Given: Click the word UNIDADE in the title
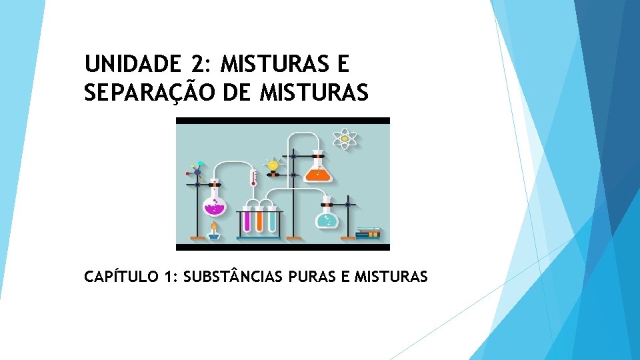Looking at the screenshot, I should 132,65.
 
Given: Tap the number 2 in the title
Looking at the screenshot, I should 197,65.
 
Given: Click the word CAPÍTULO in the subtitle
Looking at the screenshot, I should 120,277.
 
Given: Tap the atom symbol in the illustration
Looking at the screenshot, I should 345,139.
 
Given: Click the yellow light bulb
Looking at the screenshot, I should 272,165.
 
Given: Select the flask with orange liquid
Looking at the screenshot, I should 317,171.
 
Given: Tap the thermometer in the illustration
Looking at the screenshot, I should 253,179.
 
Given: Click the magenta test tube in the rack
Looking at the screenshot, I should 247,218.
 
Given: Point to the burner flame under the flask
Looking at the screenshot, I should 213,227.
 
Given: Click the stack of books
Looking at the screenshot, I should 368,233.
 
